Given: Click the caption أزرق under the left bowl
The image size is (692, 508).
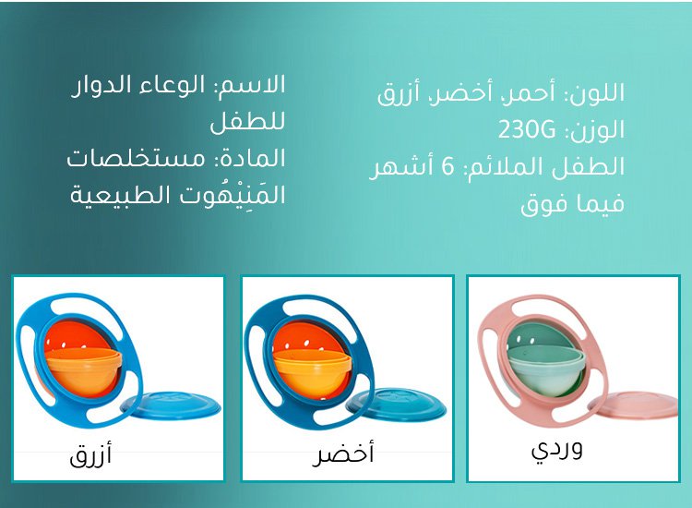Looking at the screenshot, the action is point(90,454).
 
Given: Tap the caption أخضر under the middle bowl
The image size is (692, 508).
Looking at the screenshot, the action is point(343,454).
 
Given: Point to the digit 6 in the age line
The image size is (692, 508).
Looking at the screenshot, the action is point(447,166).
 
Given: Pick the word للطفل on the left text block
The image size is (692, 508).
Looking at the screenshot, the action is point(247,121).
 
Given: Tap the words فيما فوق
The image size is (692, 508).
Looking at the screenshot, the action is point(572,204).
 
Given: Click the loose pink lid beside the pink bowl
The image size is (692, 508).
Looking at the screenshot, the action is point(637,405).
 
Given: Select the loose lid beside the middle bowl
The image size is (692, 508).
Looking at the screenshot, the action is point(397,404).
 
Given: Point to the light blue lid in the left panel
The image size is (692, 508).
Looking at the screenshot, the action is point(173,405).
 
